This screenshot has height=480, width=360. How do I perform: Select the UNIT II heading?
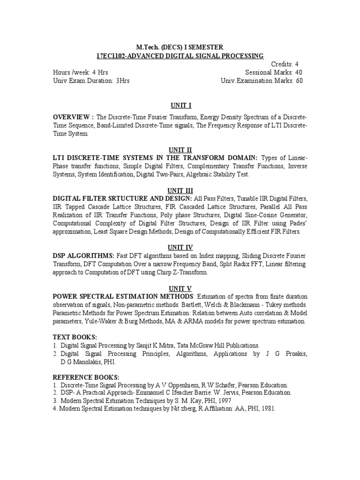coord(180,150)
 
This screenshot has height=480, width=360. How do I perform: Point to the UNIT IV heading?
coord(180,247)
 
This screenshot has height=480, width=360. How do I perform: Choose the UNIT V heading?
coord(180,288)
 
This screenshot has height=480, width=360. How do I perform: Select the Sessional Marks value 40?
coord(299,73)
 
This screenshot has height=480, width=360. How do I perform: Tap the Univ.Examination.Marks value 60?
coord(299,81)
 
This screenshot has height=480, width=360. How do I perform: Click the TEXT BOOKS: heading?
coord(75,337)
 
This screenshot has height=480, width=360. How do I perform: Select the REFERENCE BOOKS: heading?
coord(86,377)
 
